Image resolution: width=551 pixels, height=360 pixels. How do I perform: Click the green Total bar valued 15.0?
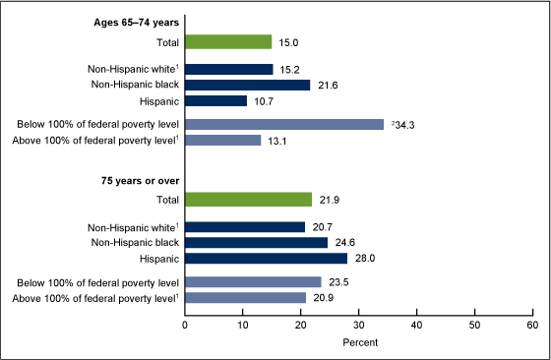(228, 42)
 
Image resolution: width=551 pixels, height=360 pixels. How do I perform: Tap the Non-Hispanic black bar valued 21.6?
(247, 86)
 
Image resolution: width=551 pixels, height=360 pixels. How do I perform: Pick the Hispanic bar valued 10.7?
(215, 100)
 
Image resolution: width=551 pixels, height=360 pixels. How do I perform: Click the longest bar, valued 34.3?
(284, 125)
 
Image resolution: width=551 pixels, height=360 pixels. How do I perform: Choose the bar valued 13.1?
(222, 140)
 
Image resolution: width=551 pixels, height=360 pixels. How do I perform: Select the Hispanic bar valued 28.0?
(266, 258)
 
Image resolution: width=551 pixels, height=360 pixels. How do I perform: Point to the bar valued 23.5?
(253, 282)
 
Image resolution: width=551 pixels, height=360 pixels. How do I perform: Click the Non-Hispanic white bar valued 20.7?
(245, 227)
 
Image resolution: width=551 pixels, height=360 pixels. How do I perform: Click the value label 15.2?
(290, 70)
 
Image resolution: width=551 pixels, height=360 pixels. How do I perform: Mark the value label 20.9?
(323, 297)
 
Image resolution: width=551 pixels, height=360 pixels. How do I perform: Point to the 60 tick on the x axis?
(532, 324)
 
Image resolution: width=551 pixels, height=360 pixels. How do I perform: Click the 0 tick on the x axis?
(185, 324)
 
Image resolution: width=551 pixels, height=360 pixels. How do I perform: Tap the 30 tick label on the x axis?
(358, 324)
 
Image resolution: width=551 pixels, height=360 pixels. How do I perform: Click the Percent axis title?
(358, 341)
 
